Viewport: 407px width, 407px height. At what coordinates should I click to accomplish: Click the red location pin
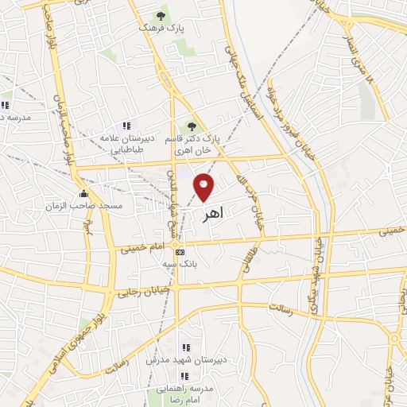(x=203, y=187)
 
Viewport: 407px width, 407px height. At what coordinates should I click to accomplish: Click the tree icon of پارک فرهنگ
(x=162, y=15)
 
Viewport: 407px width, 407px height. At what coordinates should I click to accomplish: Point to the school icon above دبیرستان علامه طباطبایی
(x=126, y=126)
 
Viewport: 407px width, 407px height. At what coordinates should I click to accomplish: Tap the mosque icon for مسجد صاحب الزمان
(x=83, y=193)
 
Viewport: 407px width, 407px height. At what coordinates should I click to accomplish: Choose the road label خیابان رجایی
(x=144, y=290)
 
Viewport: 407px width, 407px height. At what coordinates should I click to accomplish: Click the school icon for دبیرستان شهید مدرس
(x=186, y=347)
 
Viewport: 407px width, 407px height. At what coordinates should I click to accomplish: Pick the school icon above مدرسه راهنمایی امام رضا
(x=184, y=376)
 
